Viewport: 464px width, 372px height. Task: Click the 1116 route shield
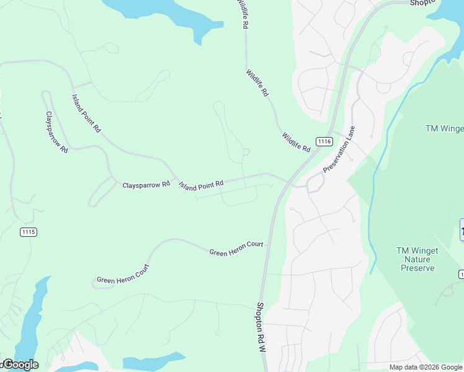coord(323,141)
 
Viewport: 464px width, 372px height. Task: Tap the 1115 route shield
coord(28,232)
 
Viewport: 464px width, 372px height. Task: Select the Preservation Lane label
coord(339,151)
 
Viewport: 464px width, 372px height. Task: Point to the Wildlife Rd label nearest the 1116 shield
coord(296,143)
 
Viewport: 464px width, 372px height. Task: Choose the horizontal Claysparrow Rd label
coord(146,185)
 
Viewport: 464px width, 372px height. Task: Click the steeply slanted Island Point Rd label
coord(86,113)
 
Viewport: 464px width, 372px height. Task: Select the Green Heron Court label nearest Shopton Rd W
coord(236,249)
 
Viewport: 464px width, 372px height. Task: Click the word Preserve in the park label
coord(417,268)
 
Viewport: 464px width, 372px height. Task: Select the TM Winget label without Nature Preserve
coord(444,129)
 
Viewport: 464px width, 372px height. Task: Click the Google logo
coord(20,365)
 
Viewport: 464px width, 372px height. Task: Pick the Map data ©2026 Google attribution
coord(426,367)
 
